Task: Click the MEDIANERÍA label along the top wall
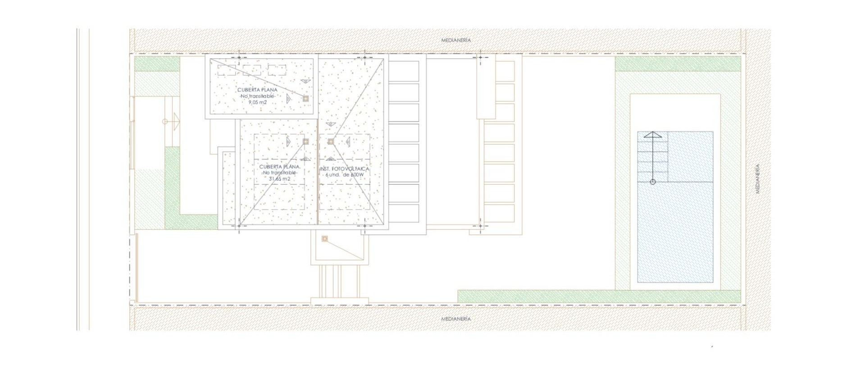pos(456,41)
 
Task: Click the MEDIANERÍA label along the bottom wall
pos(456,319)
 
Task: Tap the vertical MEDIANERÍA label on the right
pos(758,179)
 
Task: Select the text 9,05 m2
pos(258,102)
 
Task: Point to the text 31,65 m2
pos(279,179)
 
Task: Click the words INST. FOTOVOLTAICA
pos(345,169)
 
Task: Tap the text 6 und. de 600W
pos(344,175)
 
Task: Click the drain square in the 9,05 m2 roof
pos(305,98)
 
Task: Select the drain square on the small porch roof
pos(324,239)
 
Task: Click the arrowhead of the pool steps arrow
pos(652,135)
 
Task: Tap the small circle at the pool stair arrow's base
pos(653,182)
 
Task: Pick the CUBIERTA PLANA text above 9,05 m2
pos(257,90)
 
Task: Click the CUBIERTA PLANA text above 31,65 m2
pos(279,167)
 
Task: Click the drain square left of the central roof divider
pos(305,141)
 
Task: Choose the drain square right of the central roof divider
pos(331,141)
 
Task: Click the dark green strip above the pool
pos(678,64)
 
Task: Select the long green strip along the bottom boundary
pos(599,296)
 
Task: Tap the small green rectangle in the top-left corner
pos(157,64)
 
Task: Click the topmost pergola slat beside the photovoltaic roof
pos(404,71)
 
